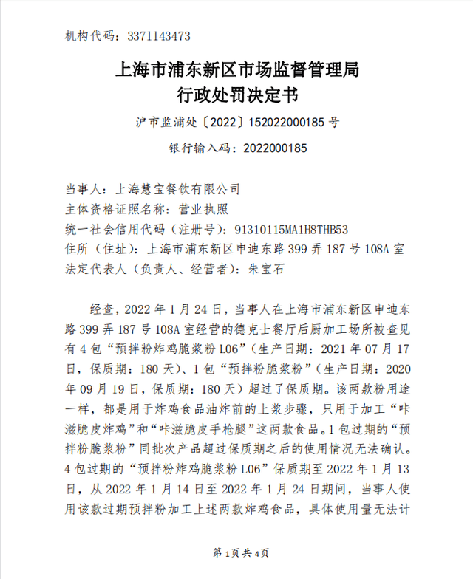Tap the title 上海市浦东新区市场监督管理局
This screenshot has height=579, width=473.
(237, 71)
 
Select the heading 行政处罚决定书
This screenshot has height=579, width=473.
(237, 95)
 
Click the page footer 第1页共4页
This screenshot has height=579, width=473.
(236, 552)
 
